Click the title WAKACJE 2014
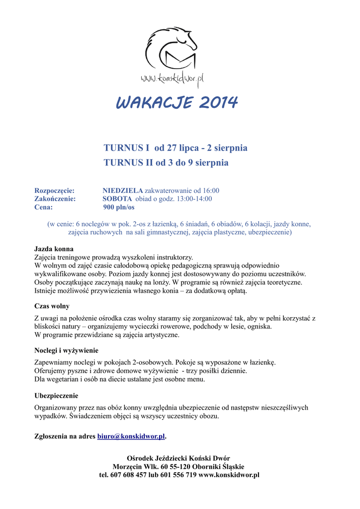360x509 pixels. (x=177, y=103)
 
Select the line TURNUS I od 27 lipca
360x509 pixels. (x=175, y=148)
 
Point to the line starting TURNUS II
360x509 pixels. (x=166, y=163)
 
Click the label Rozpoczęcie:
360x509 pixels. (x=54, y=190)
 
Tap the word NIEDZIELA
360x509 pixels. (x=122, y=190)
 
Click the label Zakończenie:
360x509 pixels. (x=55, y=199)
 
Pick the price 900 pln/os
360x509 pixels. (x=118, y=207)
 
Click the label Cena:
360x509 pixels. (x=43, y=207)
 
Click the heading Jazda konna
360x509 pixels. (x=54, y=249)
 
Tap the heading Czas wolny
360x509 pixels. (x=52, y=306)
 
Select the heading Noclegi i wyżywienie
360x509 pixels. (x=66, y=350)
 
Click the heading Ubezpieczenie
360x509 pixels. (x=56, y=396)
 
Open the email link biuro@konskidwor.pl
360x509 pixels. (x=131, y=436)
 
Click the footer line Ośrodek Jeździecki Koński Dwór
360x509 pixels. (x=179, y=458)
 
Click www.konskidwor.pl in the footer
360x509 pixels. (x=229, y=475)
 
